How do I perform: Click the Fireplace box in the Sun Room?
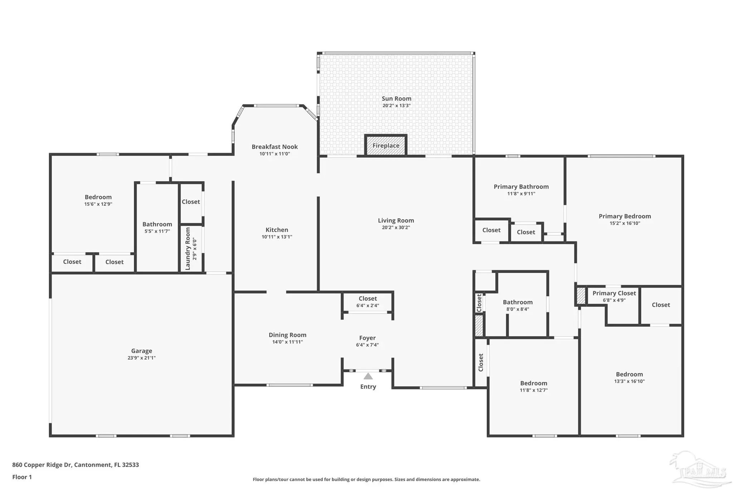(x=386, y=145)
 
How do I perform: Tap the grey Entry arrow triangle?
(x=368, y=376)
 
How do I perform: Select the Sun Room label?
(x=397, y=99)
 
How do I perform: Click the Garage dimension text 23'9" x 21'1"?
(x=142, y=358)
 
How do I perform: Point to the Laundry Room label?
(x=188, y=249)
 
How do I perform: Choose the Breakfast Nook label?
(x=275, y=147)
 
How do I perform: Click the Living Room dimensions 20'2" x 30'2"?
(x=396, y=227)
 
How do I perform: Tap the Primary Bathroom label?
(x=521, y=187)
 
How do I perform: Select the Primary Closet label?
(x=614, y=293)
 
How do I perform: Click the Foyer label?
(x=368, y=338)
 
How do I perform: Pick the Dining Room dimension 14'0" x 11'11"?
(x=288, y=342)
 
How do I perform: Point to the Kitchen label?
(x=277, y=230)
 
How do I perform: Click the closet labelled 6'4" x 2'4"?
(x=368, y=302)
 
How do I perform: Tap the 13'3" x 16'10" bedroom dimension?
(x=630, y=382)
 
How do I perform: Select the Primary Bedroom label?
(x=625, y=216)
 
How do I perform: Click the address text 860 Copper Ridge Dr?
(x=42, y=465)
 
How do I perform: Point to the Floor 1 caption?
(x=22, y=477)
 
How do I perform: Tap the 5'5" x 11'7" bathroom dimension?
(x=157, y=231)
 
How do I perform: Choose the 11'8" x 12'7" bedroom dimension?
(x=534, y=390)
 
